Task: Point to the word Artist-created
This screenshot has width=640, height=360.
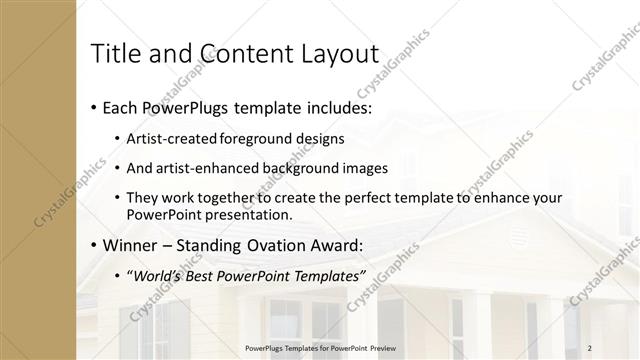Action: pos(171,138)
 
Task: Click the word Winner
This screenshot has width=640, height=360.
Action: pos(131,245)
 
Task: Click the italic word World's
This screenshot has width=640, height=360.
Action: pos(158,275)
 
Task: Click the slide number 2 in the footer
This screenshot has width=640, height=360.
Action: pos(591,346)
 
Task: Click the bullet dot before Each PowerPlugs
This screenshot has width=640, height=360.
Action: pos(94,107)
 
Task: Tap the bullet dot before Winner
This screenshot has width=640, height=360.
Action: pos(94,246)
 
